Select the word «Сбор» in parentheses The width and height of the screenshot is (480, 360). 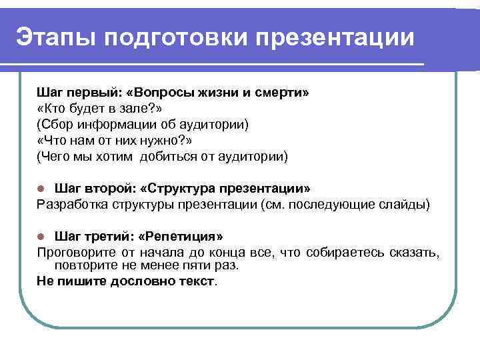[x=57, y=125]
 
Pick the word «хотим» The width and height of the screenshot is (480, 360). [x=113, y=157]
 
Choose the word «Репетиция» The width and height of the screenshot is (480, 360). [x=185, y=237]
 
